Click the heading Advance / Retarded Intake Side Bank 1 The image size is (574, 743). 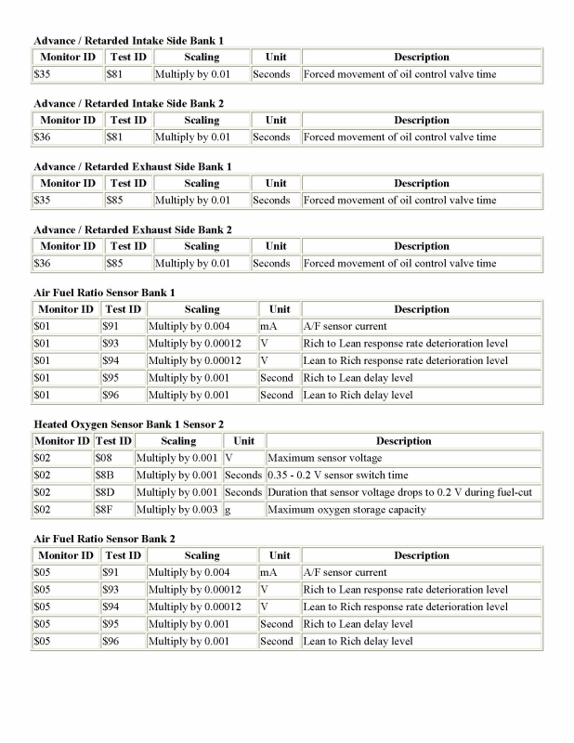coord(128,41)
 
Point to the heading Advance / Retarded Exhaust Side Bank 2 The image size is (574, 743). coord(133,229)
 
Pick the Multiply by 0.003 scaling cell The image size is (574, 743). coord(178,509)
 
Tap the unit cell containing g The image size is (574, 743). coord(228,509)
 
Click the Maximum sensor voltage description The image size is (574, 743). coord(324,459)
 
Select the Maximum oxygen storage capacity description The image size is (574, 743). coord(346,509)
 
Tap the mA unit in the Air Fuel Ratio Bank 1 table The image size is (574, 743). coord(269,327)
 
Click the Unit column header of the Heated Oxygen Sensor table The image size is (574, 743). coord(244,441)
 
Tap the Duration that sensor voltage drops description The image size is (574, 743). coord(398,492)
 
